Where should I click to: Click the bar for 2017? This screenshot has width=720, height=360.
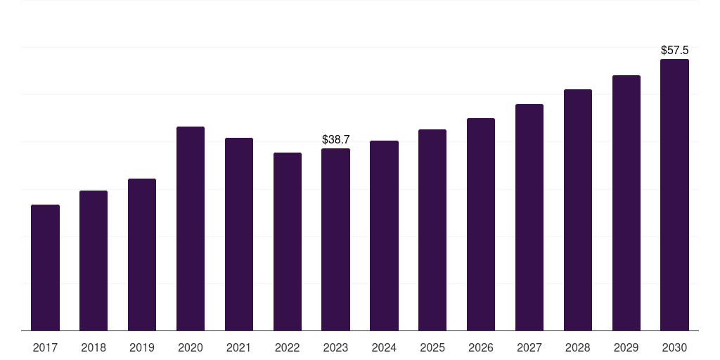(45, 268)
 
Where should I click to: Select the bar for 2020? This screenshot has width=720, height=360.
(191, 229)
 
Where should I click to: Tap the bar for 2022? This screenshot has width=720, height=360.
(288, 242)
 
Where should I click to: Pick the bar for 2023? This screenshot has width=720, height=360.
(335, 240)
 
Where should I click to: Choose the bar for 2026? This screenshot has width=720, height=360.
(481, 224)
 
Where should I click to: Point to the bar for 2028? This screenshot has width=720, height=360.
(578, 210)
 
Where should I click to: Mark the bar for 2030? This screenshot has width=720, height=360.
(674, 195)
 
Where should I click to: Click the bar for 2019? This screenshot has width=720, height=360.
(142, 255)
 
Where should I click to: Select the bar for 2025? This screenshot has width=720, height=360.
(432, 230)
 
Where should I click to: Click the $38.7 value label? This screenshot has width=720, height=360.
(335, 140)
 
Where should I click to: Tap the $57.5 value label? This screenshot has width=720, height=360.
(674, 50)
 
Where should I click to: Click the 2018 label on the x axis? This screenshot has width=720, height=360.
(94, 347)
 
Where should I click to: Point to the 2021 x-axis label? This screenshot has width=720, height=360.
(239, 347)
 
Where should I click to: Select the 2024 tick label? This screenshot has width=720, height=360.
(384, 347)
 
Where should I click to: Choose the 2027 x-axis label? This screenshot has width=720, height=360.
(529, 347)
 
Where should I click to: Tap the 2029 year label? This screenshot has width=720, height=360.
(626, 347)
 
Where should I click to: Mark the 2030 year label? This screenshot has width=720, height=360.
(674, 347)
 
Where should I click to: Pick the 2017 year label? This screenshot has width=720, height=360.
(45, 347)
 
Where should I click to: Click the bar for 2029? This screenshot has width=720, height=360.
(626, 203)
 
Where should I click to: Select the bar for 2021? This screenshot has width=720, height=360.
(239, 234)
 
